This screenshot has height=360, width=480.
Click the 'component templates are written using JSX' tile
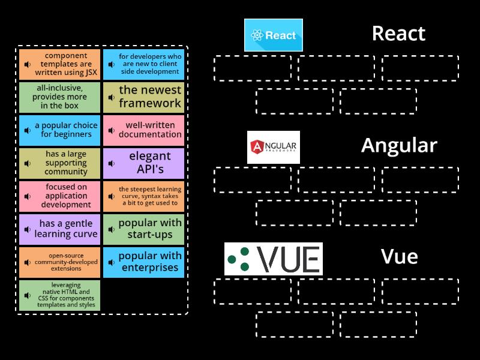(59, 64)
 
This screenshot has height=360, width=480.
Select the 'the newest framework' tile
(143, 97)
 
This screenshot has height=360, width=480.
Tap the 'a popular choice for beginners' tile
(59, 130)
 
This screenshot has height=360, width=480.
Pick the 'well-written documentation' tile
(143, 130)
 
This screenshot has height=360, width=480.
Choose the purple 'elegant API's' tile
(143, 163)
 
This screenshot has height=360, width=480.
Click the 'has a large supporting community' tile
(59, 163)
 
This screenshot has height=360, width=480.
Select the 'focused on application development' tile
(59, 196)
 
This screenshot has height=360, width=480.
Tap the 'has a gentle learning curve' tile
(59, 229)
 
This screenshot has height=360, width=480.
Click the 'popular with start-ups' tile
(143, 229)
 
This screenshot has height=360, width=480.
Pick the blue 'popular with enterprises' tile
(143, 262)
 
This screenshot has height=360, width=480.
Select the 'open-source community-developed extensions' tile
(59, 262)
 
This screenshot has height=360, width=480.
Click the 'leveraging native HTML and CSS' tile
(59, 296)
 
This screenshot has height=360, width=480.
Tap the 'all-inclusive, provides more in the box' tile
(59, 97)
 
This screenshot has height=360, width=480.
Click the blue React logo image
(273, 35)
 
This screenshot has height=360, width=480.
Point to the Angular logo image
(273, 147)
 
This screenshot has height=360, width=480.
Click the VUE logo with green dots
(273, 259)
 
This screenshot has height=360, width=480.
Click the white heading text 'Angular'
(399, 146)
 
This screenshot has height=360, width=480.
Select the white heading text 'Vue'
(399, 257)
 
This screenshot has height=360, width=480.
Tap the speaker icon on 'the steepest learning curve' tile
(112, 197)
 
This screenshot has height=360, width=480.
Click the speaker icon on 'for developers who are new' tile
(112, 65)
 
